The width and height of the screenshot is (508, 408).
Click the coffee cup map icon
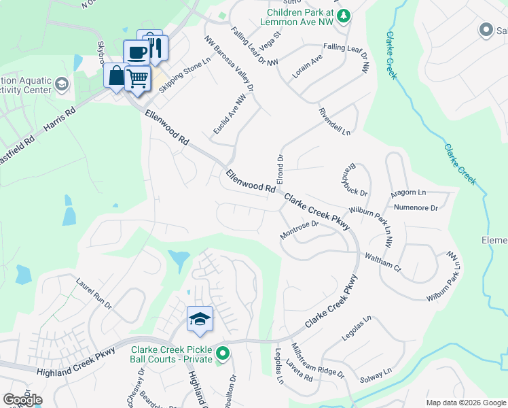click(137, 52)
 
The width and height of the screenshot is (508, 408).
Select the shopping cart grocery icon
click(138, 78)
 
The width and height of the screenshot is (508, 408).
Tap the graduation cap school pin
click(200, 318)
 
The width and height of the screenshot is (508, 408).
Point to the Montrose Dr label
click(300, 229)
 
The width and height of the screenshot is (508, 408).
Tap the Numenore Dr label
click(416, 206)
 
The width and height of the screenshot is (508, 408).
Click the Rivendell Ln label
click(337, 121)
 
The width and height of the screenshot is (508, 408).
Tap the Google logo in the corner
click(22, 400)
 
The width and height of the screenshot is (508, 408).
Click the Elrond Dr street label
click(279, 167)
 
